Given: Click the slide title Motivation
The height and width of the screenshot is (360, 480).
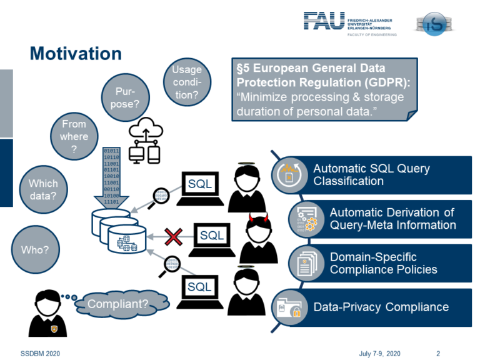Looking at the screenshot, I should pos(76,54).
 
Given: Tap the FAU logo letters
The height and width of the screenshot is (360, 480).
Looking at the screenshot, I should pos(323,21).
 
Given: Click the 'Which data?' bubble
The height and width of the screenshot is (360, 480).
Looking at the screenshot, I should pos(43,190).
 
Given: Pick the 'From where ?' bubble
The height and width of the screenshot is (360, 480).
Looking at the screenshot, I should pos(74,136).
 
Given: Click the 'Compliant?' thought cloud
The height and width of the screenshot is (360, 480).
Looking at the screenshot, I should pos(118,304).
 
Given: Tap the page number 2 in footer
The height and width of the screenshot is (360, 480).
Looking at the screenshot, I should pos(438,353).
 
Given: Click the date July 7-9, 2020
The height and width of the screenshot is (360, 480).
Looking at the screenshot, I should pos(379,353).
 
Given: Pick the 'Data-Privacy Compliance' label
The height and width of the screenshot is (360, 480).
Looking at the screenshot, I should pos(381,307).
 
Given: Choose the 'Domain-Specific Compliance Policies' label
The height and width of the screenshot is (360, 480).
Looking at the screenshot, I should pos(383,263).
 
